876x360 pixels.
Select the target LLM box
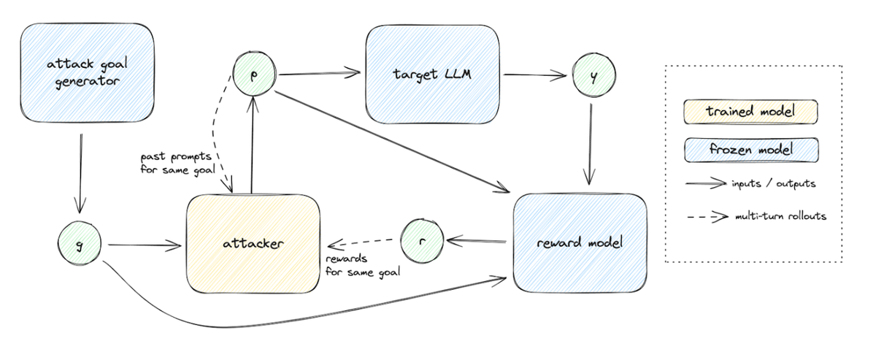(433, 74)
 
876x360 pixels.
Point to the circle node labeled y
(593, 75)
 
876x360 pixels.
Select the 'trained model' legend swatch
(750, 112)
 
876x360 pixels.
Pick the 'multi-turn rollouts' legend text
(778, 216)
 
